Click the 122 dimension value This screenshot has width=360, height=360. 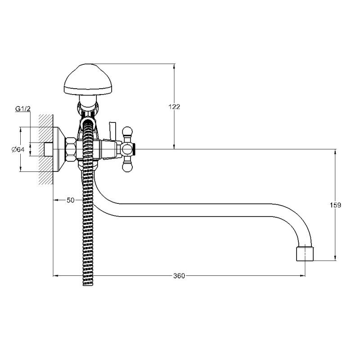pyautogui.click(x=174, y=107)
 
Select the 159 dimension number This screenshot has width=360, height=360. pyautogui.click(x=335, y=205)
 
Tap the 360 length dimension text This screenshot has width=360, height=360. pyautogui.click(x=179, y=275)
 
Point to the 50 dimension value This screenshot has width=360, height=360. pyautogui.click(x=71, y=200)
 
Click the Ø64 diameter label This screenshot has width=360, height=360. pyautogui.click(x=18, y=149)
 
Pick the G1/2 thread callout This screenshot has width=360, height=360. pyautogui.click(x=23, y=109)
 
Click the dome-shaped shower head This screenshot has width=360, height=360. pyautogui.click(x=88, y=79)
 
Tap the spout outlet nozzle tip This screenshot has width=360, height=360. pyautogui.click(x=305, y=254)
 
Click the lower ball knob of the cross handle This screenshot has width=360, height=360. pyautogui.click(x=127, y=167)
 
